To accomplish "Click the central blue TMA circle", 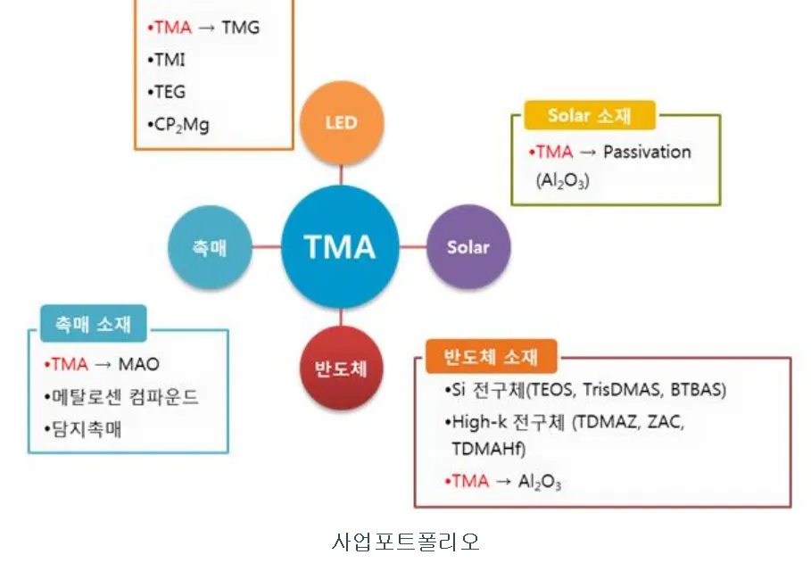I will point(340,246).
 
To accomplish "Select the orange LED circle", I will point(341,122).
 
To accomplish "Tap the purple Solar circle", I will point(468,247).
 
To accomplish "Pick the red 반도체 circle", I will point(341,368).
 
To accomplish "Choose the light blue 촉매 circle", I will point(211,247).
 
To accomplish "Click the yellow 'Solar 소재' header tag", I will point(589,116).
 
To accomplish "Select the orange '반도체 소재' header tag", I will point(492,357).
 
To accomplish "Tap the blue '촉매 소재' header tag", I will point(93,324).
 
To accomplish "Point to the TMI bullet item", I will point(170,59).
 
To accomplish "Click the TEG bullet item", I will point(170,91).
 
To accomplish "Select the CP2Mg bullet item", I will point(181,124).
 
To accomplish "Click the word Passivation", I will point(647,152).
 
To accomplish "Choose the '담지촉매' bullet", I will point(87,428).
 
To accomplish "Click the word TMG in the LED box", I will point(240,27).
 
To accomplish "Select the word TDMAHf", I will point(488,449).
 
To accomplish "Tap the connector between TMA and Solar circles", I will point(413,246).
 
